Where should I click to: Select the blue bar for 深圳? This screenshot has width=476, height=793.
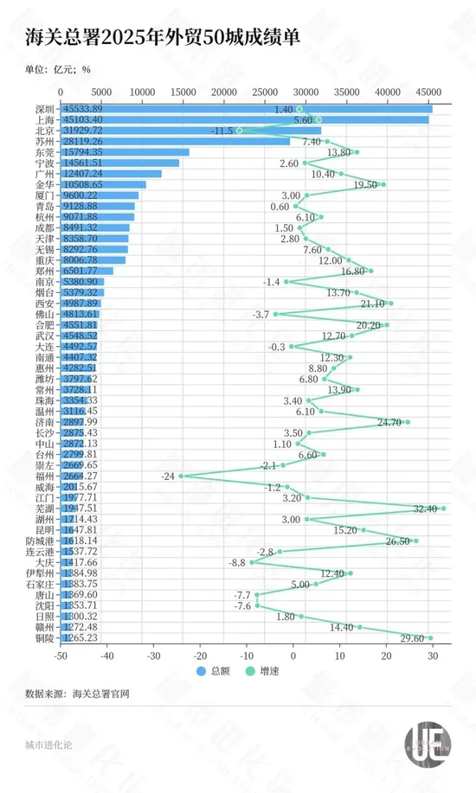tap(246, 109)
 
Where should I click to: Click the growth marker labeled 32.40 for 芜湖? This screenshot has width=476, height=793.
tap(443, 508)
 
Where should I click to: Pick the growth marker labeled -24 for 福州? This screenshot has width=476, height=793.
tap(181, 476)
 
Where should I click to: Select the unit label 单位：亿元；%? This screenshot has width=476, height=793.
tap(59, 71)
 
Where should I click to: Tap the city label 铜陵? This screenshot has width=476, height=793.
tap(44, 638)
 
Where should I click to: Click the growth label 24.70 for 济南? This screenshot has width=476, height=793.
tap(389, 422)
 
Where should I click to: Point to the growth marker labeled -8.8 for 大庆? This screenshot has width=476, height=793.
tap(252, 562)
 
